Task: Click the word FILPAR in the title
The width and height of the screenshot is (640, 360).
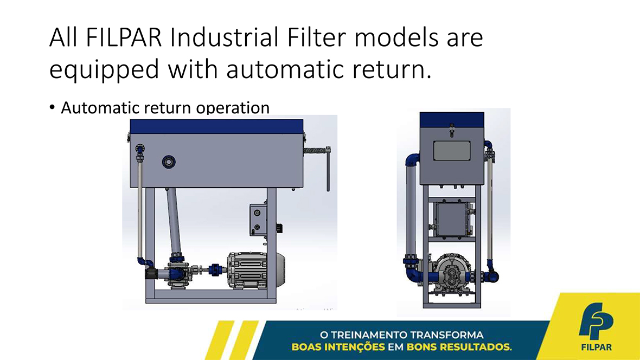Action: point(124,37)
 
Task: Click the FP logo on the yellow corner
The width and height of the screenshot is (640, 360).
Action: point(596,321)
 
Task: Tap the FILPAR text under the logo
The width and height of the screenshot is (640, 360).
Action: point(596,348)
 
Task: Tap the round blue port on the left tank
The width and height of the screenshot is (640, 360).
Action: point(169,162)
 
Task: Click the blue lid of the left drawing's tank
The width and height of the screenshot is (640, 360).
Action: point(216,126)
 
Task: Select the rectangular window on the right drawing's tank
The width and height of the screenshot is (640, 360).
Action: point(451,151)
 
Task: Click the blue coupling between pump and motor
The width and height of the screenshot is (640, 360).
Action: point(214,270)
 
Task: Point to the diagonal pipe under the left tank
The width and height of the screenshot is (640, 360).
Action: point(174,222)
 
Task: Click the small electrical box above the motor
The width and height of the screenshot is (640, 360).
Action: point(258,220)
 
